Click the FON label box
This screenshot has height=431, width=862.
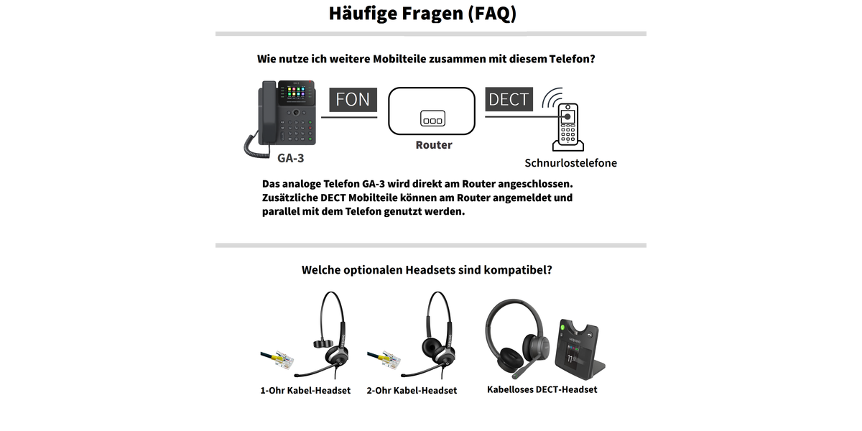(353, 100)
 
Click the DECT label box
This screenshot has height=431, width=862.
(509, 99)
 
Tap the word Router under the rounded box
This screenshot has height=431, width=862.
(434, 145)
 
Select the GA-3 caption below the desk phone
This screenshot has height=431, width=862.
(290, 158)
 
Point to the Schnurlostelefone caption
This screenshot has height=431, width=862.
(570, 163)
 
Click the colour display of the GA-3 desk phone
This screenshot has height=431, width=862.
(296, 93)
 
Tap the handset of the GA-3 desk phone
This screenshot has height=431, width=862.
(268, 112)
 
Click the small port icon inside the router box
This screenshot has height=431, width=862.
(432, 119)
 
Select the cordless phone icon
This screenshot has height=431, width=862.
(568, 127)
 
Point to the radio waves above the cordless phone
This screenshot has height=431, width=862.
(552, 98)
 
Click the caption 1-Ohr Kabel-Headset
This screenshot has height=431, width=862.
(305, 391)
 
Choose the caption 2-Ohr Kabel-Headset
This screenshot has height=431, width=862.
(412, 391)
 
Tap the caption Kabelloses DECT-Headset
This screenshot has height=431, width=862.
(542, 390)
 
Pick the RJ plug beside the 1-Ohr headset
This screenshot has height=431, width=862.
(278, 360)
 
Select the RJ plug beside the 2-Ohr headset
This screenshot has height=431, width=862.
(384, 360)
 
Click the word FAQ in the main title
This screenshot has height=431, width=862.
(493, 14)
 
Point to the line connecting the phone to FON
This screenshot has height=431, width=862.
(349, 117)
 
